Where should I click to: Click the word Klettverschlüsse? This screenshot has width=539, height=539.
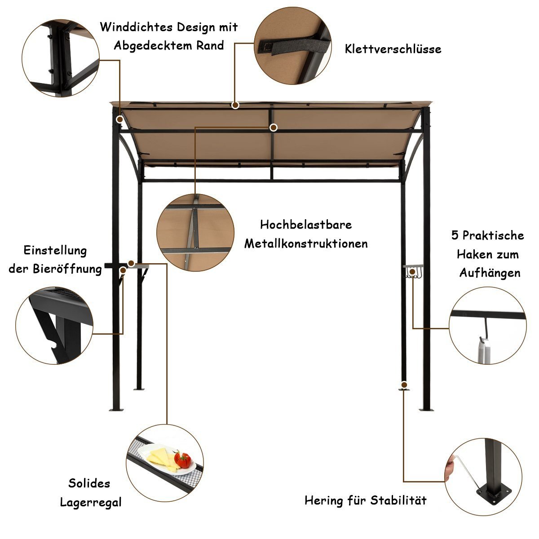(393, 49)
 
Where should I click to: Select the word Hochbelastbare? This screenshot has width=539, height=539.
(306, 225)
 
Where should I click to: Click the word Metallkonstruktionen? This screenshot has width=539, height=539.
(306, 243)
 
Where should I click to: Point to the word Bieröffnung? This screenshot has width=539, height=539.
(67, 269)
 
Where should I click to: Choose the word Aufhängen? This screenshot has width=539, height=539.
(490, 273)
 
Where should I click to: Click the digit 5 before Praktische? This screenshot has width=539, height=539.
(455, 235)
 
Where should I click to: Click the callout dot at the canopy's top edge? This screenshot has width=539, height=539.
(235, 105)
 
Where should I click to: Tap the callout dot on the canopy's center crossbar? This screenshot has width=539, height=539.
(273, 128)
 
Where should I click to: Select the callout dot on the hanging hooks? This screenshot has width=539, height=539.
(412, 272)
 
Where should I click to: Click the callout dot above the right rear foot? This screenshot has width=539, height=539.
(404, 384)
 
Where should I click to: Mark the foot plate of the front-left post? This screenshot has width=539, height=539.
(116, 410)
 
